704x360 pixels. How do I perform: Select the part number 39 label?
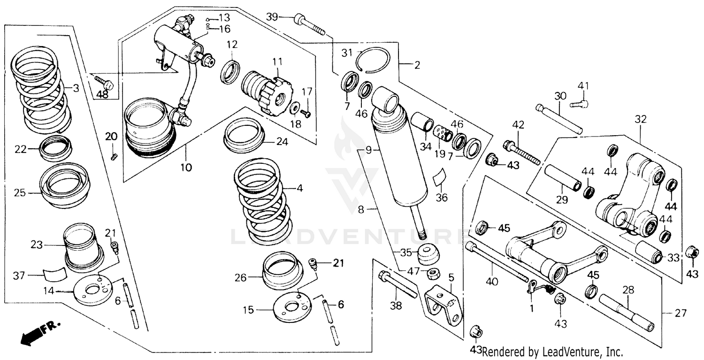click(x=272, y=17)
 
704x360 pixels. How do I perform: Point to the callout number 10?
click(x=186, y=167)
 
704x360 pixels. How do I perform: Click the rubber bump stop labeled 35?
click(x=428, y=253)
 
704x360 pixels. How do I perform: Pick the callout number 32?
click(x=641, y=120)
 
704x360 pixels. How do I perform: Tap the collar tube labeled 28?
click(x=626, y=312)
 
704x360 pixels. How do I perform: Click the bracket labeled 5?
click(x=444, y=306)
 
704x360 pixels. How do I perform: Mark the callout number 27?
click(x=679, y=313)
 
